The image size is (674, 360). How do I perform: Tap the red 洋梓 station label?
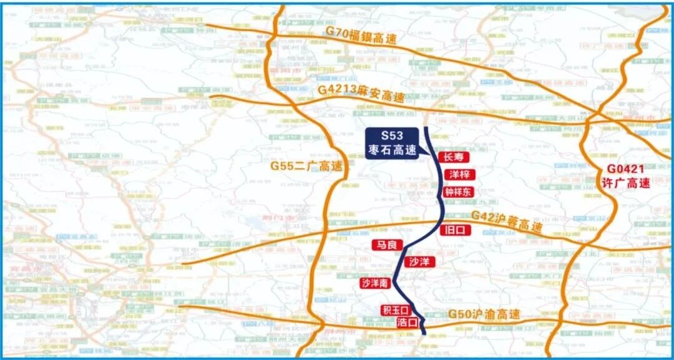[x=459, y=175]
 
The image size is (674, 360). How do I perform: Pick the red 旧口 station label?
[x=454, y=230]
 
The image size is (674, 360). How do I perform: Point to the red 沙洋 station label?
[x=419, y=261]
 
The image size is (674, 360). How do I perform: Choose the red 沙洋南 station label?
[x=375, y=283]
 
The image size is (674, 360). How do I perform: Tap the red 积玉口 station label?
[x=394, y=310]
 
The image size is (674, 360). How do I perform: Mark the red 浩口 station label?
[x=407, y=322]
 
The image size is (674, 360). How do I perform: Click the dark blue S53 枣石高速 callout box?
[x=393, y=144]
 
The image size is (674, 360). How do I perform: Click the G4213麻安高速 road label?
[x=361, y=93]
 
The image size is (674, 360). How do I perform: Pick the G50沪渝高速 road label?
[x=484, y=315]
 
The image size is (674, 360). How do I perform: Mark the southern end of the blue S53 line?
[x=425, y=334]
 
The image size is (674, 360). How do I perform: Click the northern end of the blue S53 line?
[x=426, y=128]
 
